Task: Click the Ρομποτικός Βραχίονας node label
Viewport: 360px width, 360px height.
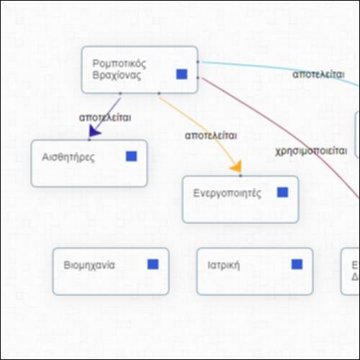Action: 120,69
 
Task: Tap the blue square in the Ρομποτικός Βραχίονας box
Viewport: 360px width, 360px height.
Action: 181,74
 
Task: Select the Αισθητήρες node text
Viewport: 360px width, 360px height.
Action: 68,158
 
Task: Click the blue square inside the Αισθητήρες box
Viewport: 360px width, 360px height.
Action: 132,156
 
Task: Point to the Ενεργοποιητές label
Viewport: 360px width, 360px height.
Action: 227,194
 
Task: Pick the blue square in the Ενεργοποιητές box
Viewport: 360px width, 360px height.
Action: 282,192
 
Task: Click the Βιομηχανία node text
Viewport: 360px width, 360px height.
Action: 89,265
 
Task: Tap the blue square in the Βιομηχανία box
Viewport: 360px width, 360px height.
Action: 153,264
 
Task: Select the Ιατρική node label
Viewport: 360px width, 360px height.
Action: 224,266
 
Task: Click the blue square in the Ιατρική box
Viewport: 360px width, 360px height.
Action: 297,264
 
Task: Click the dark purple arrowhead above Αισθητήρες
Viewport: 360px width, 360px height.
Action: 94,132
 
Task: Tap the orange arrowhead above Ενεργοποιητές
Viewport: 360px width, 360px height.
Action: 236,166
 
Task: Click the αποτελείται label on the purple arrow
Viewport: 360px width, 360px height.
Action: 105,117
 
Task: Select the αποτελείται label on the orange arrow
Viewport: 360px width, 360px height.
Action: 211,136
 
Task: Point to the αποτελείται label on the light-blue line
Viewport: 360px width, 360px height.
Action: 318,75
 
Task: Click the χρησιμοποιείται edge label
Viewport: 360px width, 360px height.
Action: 311,151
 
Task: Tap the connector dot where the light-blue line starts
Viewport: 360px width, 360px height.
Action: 198,62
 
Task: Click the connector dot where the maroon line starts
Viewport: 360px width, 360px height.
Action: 198,78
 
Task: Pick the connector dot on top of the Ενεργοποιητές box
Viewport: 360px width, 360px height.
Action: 240,176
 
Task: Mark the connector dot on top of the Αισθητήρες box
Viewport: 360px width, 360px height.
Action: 89,140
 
